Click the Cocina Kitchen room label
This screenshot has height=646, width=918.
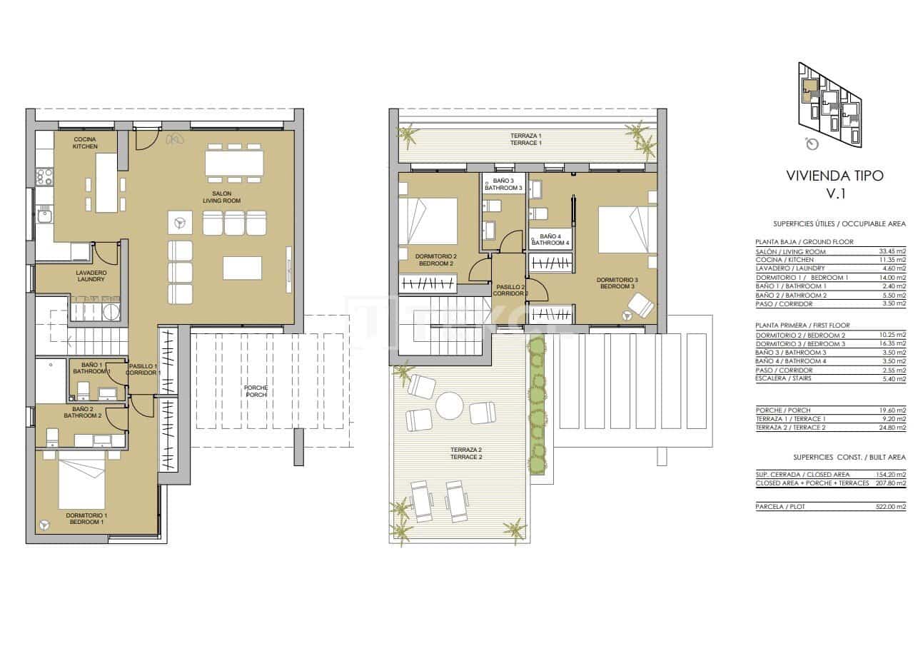coord(85,142)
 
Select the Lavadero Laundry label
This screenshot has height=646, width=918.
coord(91,276)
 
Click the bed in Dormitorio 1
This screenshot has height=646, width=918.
coord(81,483)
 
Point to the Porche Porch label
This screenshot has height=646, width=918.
coord(256,390)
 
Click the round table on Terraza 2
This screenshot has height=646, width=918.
coord(450,407)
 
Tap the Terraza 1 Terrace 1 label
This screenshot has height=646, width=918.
coord(525,139)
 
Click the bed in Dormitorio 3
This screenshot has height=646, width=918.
coord(627,229)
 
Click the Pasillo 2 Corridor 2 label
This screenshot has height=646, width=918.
coord(510,290)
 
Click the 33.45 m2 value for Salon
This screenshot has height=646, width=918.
coord(892,251)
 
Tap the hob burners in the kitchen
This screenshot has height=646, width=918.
coord(44,176)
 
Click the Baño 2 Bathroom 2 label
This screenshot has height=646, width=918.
coord(83,412)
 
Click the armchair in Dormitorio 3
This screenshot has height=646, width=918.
coord(640,306)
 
